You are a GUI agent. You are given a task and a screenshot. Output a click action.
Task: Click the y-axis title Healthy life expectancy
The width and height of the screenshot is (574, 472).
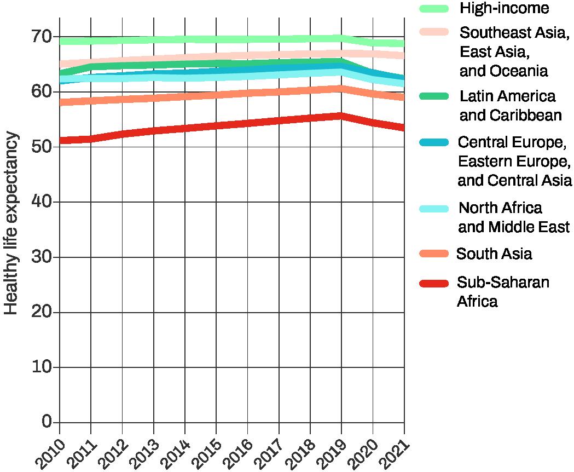[11, 223]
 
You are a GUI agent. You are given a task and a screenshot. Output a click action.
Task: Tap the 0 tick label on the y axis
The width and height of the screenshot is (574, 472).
[47, 422]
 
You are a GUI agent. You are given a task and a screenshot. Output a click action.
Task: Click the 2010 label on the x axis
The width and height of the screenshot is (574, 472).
[49, 453]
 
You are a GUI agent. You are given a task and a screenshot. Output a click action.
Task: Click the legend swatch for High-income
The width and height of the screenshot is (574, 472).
[434, 8]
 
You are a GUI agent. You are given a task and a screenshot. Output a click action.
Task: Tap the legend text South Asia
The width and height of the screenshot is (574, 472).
[494, 254]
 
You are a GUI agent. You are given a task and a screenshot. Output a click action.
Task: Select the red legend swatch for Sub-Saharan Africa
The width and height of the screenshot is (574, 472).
[434, 283]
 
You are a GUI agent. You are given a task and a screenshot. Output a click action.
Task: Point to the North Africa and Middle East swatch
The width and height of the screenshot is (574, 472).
[434, 209]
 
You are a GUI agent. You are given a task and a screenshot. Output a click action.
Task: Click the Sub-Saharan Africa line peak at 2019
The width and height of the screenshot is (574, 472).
[341, 116]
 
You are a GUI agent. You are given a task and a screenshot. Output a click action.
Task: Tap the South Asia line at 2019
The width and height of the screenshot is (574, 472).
[341, 89]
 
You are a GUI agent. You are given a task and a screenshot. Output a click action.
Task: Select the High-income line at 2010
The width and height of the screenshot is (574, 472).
[60, 42]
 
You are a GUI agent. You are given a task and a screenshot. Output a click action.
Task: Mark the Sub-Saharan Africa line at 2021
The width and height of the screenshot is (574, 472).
[403, 128]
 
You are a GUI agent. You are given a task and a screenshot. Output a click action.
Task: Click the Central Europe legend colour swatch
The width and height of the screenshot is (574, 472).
[434, 142]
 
